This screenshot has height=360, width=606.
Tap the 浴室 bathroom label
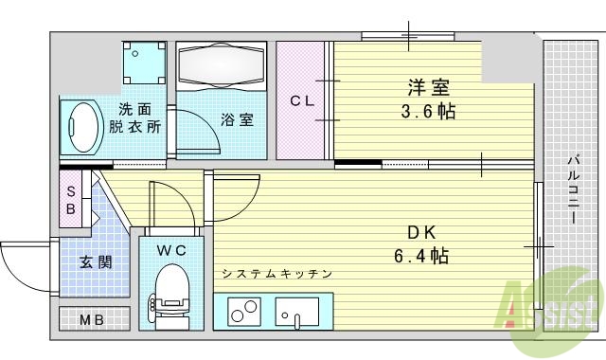[x=236, y=120]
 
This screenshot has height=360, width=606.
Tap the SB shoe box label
[x=71, y=198]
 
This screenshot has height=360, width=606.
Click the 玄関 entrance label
[x=96, y=262]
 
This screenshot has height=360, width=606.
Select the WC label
[x=170, y=250]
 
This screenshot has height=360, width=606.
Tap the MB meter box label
[x=91, y=319]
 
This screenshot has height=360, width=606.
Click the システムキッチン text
[x=276, y=275]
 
